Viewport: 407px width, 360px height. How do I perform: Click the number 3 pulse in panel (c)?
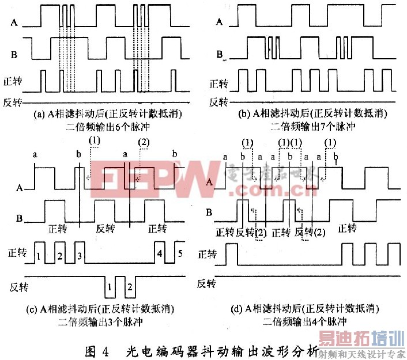(80, 255)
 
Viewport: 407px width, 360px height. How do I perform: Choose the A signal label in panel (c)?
(21, 188)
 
